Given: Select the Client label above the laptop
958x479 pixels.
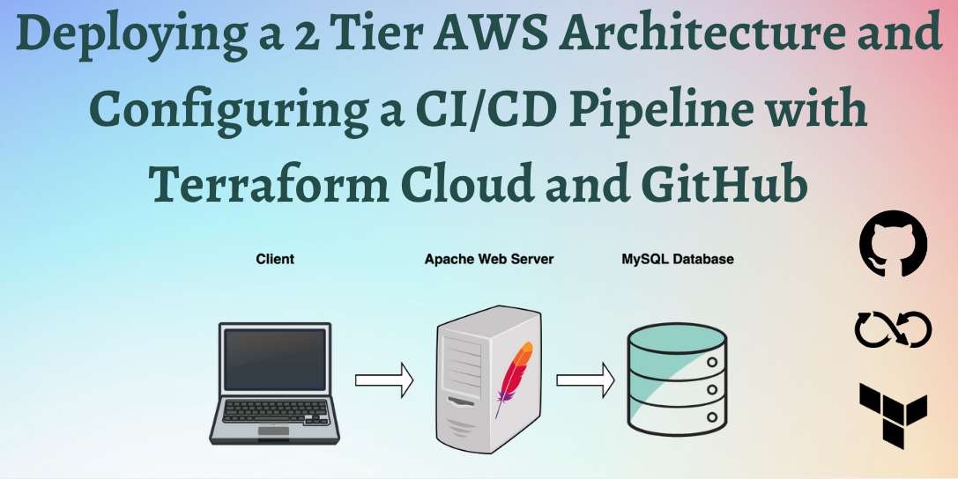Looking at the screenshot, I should (x=275, y=260).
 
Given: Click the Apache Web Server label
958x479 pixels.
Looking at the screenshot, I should (x=489, y=260).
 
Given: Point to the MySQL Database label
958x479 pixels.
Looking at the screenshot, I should (x=678, y=260).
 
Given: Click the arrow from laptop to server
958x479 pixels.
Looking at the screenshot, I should (x=383, y=380).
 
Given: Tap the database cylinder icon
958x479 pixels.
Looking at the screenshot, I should (x=676, y=380).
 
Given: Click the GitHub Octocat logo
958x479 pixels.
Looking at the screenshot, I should (x=893, y=243).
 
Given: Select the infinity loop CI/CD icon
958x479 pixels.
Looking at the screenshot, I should (x=892, y=329).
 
